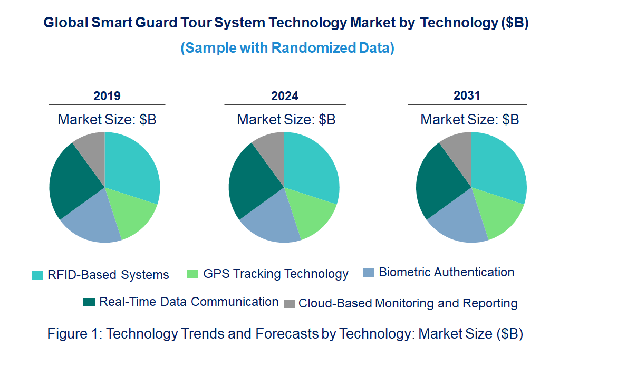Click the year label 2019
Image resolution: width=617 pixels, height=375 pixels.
[x=107, y=96]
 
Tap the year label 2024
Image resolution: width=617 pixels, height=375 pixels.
[x=285, y=96]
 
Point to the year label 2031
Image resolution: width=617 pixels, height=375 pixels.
[x=467, y=95]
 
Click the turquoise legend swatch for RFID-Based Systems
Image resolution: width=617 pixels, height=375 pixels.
[x=37, y=275]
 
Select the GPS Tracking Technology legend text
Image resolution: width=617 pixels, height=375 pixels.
[x=276, y=274]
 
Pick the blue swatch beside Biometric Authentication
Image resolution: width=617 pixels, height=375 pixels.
[x=369, y=273]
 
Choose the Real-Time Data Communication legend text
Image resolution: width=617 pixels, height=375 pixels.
[x=189, y=302]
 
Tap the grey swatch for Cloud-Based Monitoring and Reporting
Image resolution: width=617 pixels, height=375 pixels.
[x=289, y=304]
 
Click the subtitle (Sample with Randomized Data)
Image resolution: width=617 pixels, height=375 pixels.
[x=287, y=48]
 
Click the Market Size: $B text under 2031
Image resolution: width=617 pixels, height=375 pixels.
[x=469, y=120]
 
